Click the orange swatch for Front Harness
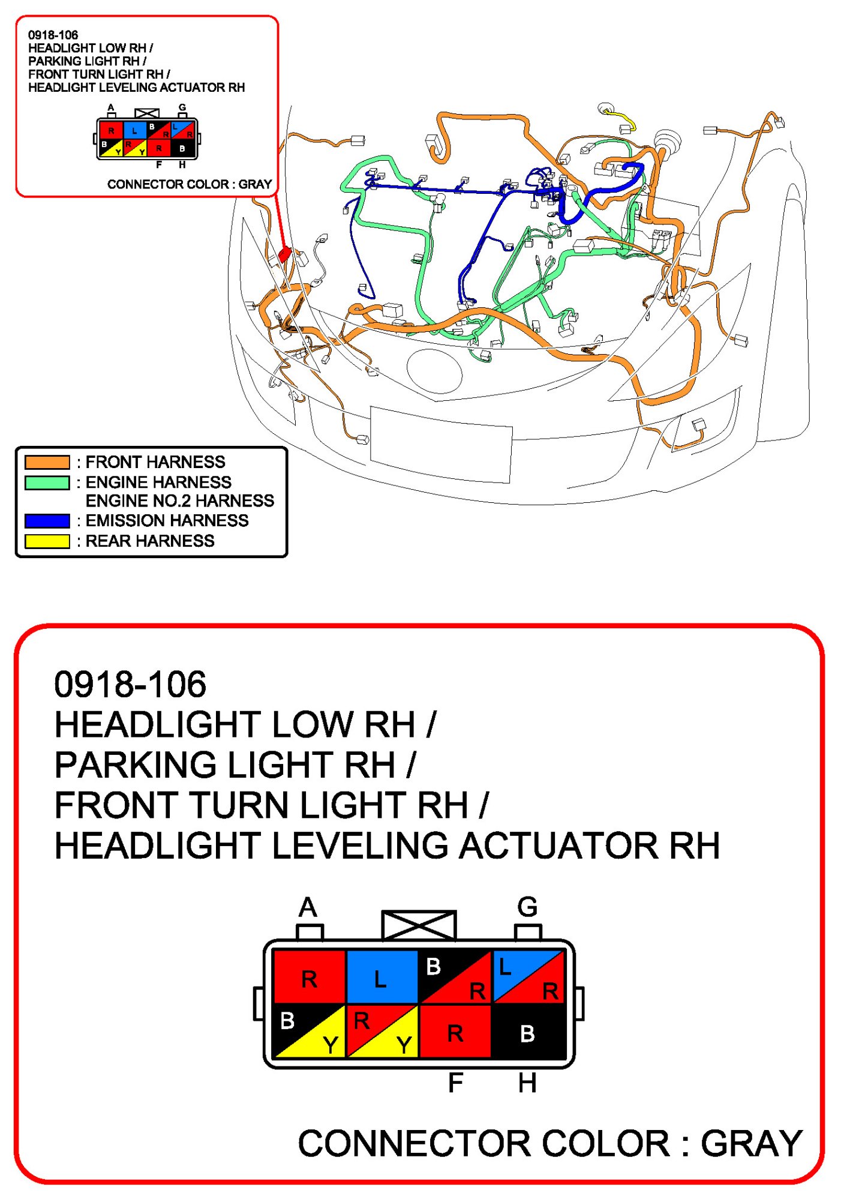click(47, 462)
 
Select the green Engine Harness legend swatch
click(47, 482)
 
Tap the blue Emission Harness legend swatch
click(47, 520)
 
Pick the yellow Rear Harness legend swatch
click(47, 541)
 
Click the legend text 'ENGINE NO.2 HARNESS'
click(179, 500)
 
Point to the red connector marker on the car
click(285, 254)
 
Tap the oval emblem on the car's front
click(434, 370)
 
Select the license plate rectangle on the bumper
click(441, 444)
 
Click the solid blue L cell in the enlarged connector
click(382, 976)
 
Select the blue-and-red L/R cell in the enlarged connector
click(528, 976)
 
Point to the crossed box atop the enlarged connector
click(419, 925)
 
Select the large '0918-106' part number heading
click(130, 685)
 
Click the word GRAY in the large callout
click(751, 1143)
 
